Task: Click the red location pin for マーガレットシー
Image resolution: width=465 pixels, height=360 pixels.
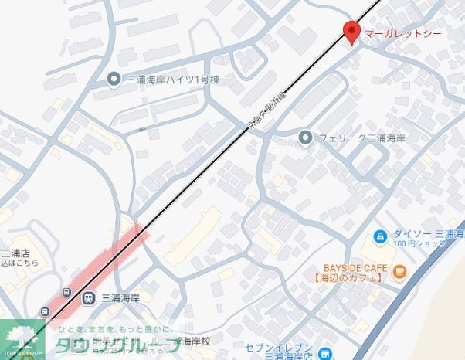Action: pyautogui.click(x=351, y=32)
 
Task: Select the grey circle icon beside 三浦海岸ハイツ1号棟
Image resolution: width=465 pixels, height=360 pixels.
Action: pyautogui.click(x=114, y=78)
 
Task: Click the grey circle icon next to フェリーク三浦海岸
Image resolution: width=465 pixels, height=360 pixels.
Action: pyautogui.click(x=306, y=138)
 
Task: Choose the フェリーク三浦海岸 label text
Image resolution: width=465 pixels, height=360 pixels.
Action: pyautogui.click(x=362, y=138)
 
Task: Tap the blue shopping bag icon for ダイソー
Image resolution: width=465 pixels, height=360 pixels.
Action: pyautogui.click(x=380, y=236)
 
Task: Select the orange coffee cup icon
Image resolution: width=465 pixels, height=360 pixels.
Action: pyautogui.click(x=399, y=270)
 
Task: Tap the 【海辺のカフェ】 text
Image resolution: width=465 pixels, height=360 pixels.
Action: pyautogui.click(x=351, y=277)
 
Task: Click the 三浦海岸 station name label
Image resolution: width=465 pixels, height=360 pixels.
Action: pyautogui.click(x=120, y=297)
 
